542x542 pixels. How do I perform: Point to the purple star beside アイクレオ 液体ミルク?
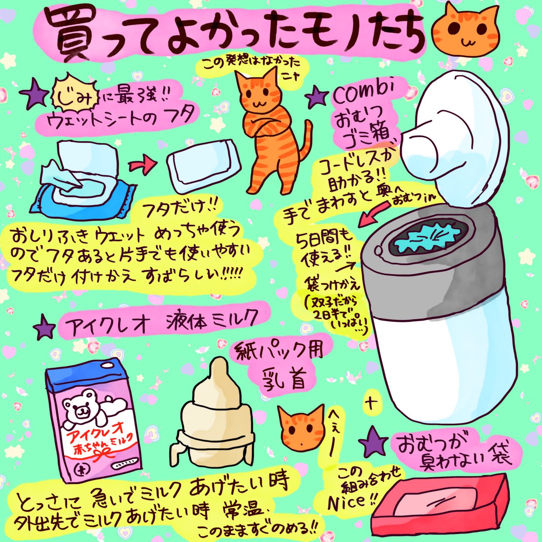coord(44,327)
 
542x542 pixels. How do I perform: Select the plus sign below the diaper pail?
coord(371,404)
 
